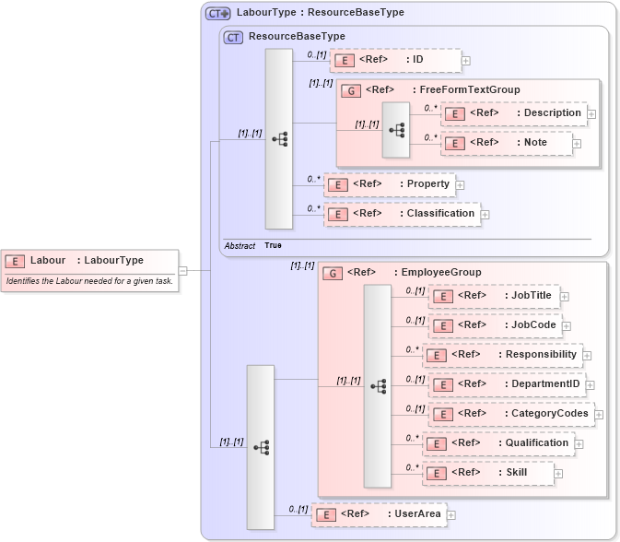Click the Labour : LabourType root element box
(88, 261)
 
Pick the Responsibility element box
(502, 355)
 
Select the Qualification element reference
(498, 443)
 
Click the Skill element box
(488, 473)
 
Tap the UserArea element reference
(379, 513)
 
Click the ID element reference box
(395, 60)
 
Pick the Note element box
(507, 143)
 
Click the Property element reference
(390, 184)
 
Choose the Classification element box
(402, 214)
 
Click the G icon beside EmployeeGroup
(333, 273)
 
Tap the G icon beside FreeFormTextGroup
(351, 90)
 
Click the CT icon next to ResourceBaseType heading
(234, 37)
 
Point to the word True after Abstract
(273, 246)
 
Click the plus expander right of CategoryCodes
(599, 415)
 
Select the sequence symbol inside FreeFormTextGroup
(396, 130)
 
